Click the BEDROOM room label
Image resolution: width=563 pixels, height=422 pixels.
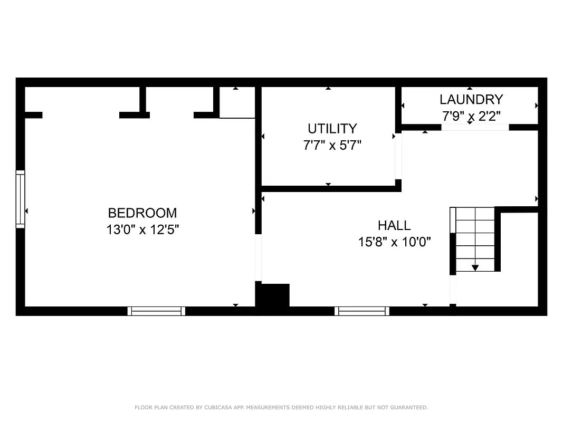point(142,213)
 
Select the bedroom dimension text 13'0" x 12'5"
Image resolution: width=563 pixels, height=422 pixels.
point(142,230)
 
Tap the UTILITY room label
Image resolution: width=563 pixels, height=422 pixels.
point(332,129)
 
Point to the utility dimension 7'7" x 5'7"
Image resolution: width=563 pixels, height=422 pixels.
point(332,145)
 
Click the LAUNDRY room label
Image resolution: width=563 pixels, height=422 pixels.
point(471,99)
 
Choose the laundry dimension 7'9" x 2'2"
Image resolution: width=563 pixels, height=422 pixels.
point(471,114)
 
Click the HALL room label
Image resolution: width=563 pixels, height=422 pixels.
point(394,226)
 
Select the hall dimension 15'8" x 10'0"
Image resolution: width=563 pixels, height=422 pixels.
point(394,242)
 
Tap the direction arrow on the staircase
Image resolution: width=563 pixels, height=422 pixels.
point(475,267)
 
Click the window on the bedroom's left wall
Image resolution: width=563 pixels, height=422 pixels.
point(20,199)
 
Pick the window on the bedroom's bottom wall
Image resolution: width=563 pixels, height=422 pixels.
point(156,311)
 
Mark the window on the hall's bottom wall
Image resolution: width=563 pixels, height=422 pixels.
point(362,311)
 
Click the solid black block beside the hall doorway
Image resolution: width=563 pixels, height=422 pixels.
point(274,295)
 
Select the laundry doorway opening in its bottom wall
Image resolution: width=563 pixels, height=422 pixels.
point(475,127)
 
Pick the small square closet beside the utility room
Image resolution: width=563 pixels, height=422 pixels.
point(237,102)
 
